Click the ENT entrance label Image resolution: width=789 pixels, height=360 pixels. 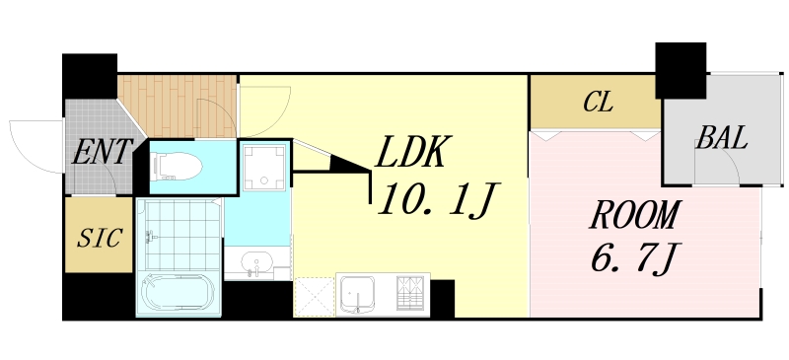point(103,153)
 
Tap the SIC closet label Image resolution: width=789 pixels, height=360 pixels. point(100,238)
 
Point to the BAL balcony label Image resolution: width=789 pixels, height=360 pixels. point(721,136)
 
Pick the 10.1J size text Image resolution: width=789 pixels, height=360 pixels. point(435,202)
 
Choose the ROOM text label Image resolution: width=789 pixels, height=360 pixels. point(635,214)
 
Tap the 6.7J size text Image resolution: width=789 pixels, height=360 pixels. point(633,260)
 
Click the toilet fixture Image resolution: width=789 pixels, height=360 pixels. point(177,165)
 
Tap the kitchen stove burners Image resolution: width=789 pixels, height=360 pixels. point(410,294)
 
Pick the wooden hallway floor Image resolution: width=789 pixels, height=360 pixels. point(178,104)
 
